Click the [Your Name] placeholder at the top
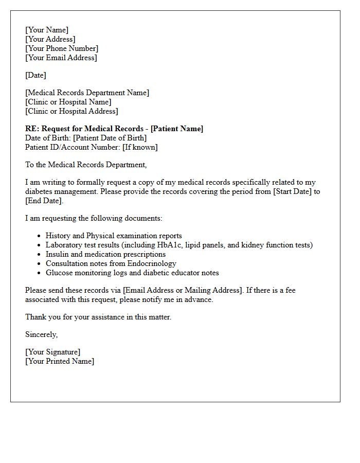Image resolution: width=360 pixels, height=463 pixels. point(47,30)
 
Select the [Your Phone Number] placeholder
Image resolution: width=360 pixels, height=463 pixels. point(62,48)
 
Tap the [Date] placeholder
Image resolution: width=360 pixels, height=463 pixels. point(35,75)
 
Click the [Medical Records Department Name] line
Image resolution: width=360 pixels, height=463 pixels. point(87,93)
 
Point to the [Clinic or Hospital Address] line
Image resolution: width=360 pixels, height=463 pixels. point(71,111)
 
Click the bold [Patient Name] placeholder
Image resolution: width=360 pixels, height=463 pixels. point(177,129)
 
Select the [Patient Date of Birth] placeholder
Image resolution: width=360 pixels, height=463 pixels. point(110,138)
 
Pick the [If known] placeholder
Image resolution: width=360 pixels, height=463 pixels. point(140,147)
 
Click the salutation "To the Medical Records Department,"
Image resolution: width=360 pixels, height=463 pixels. point(86,165)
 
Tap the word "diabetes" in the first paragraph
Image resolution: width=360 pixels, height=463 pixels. point(39,191)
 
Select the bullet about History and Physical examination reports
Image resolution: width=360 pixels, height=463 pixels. point(114,236)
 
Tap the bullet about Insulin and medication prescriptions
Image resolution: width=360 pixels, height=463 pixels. point(105,254)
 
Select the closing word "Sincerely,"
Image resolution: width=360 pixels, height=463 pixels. point(42,334)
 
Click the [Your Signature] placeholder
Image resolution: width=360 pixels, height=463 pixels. point(52,352)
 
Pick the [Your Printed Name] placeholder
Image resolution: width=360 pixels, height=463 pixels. point(60,361)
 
